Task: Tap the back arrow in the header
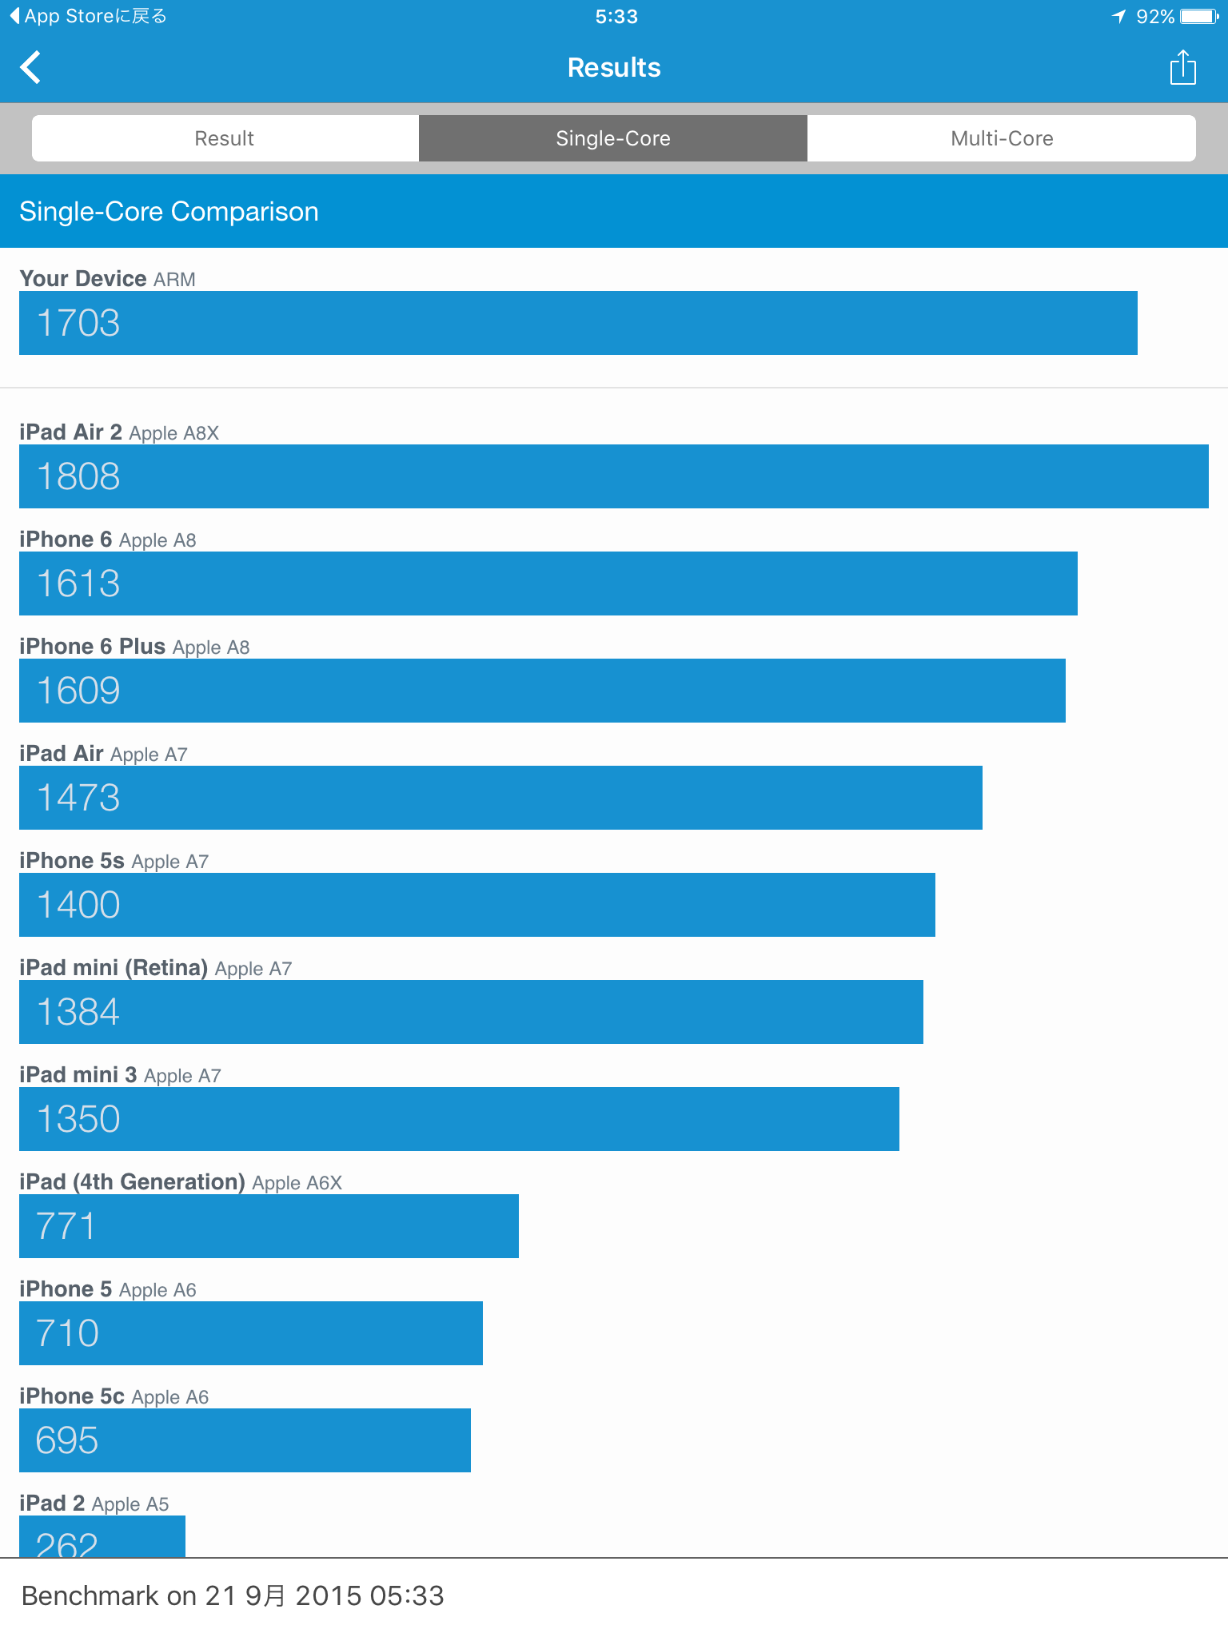point(31,68)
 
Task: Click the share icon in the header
point(1182,68)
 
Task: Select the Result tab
point(225,138)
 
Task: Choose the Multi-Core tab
point(1001,138)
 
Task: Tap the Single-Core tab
point(613,138)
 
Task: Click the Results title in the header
point(614,68)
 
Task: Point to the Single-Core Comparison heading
point(169,212)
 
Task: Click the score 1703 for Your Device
point(78,323)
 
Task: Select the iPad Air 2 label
point(70,432)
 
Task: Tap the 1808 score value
point(78,476)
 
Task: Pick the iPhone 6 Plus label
point(92,647)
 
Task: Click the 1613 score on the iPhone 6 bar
point(78,584)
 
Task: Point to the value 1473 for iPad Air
point(78,798)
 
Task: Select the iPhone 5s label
point(72,861)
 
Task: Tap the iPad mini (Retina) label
point(114,968)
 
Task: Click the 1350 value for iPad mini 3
point(78,1119)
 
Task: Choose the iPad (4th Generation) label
point(132,1182)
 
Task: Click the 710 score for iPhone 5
point(67,1333)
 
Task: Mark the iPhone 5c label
point(72,1396)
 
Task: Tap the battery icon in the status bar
point(1198,17)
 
